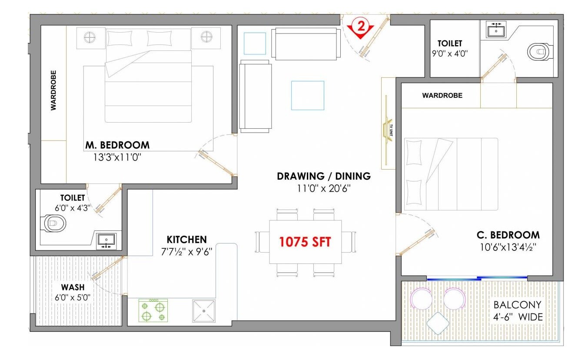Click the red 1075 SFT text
tap(305, 242)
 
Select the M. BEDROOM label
tap(117, 145)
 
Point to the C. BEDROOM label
tap(508, 235)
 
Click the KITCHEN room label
tap(186, 240)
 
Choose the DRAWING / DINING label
tap(324, 176)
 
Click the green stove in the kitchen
tap(153, 310)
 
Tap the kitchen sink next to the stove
tap(204, 310)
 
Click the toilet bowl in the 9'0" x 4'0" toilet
tap(538, 52)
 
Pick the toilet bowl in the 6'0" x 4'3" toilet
tap(55, 224)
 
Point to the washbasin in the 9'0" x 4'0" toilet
tap(495, 31)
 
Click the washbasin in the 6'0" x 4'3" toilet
tap(106, 240)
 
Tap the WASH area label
tap(73, 287)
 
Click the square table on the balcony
tap(438, 323)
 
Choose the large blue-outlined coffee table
tap(307, 95)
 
